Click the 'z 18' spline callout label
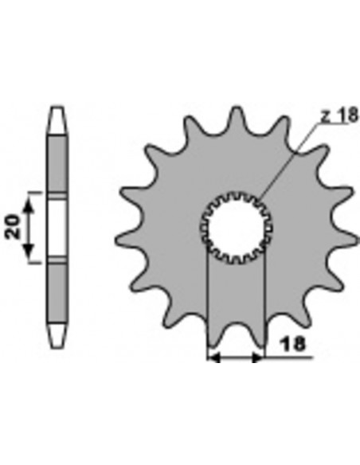coord(340,115)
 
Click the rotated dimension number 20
coord(13,226)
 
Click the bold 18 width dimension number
coord(292,344)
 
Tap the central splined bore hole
coord(237,228)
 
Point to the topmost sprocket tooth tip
coord(236,107)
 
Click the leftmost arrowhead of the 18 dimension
coord(213,358)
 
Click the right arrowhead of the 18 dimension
coord(257,358)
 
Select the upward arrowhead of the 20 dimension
coord(29,205)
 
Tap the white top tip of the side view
coord(57,121)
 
